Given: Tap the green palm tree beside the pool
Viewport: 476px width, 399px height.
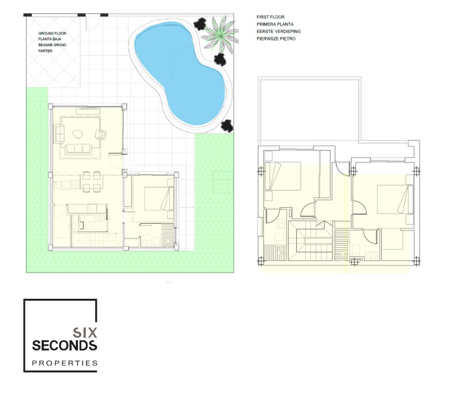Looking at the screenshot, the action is pos(219,33).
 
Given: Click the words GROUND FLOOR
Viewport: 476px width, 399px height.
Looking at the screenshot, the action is pos(52,33).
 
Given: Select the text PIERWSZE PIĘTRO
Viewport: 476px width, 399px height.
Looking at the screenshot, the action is pos(276,39).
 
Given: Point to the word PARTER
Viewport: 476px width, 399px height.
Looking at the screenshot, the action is pos(45,51).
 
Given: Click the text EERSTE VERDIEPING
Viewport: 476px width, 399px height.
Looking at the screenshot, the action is pos(279,31).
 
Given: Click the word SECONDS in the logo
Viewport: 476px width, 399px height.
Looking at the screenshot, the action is pos(65,345).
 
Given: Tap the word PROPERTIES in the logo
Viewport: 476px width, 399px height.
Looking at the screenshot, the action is pos(65,363).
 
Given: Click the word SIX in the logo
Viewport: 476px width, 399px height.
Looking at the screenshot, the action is pos(85,333).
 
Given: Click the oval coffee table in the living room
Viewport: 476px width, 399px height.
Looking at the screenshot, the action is pos(77,134).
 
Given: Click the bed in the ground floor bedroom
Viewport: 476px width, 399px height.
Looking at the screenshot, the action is pos(159,198).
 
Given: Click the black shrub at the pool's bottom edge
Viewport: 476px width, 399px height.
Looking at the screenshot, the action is pos(227,126).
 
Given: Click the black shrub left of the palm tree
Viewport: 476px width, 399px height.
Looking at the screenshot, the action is pos(200,24).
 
